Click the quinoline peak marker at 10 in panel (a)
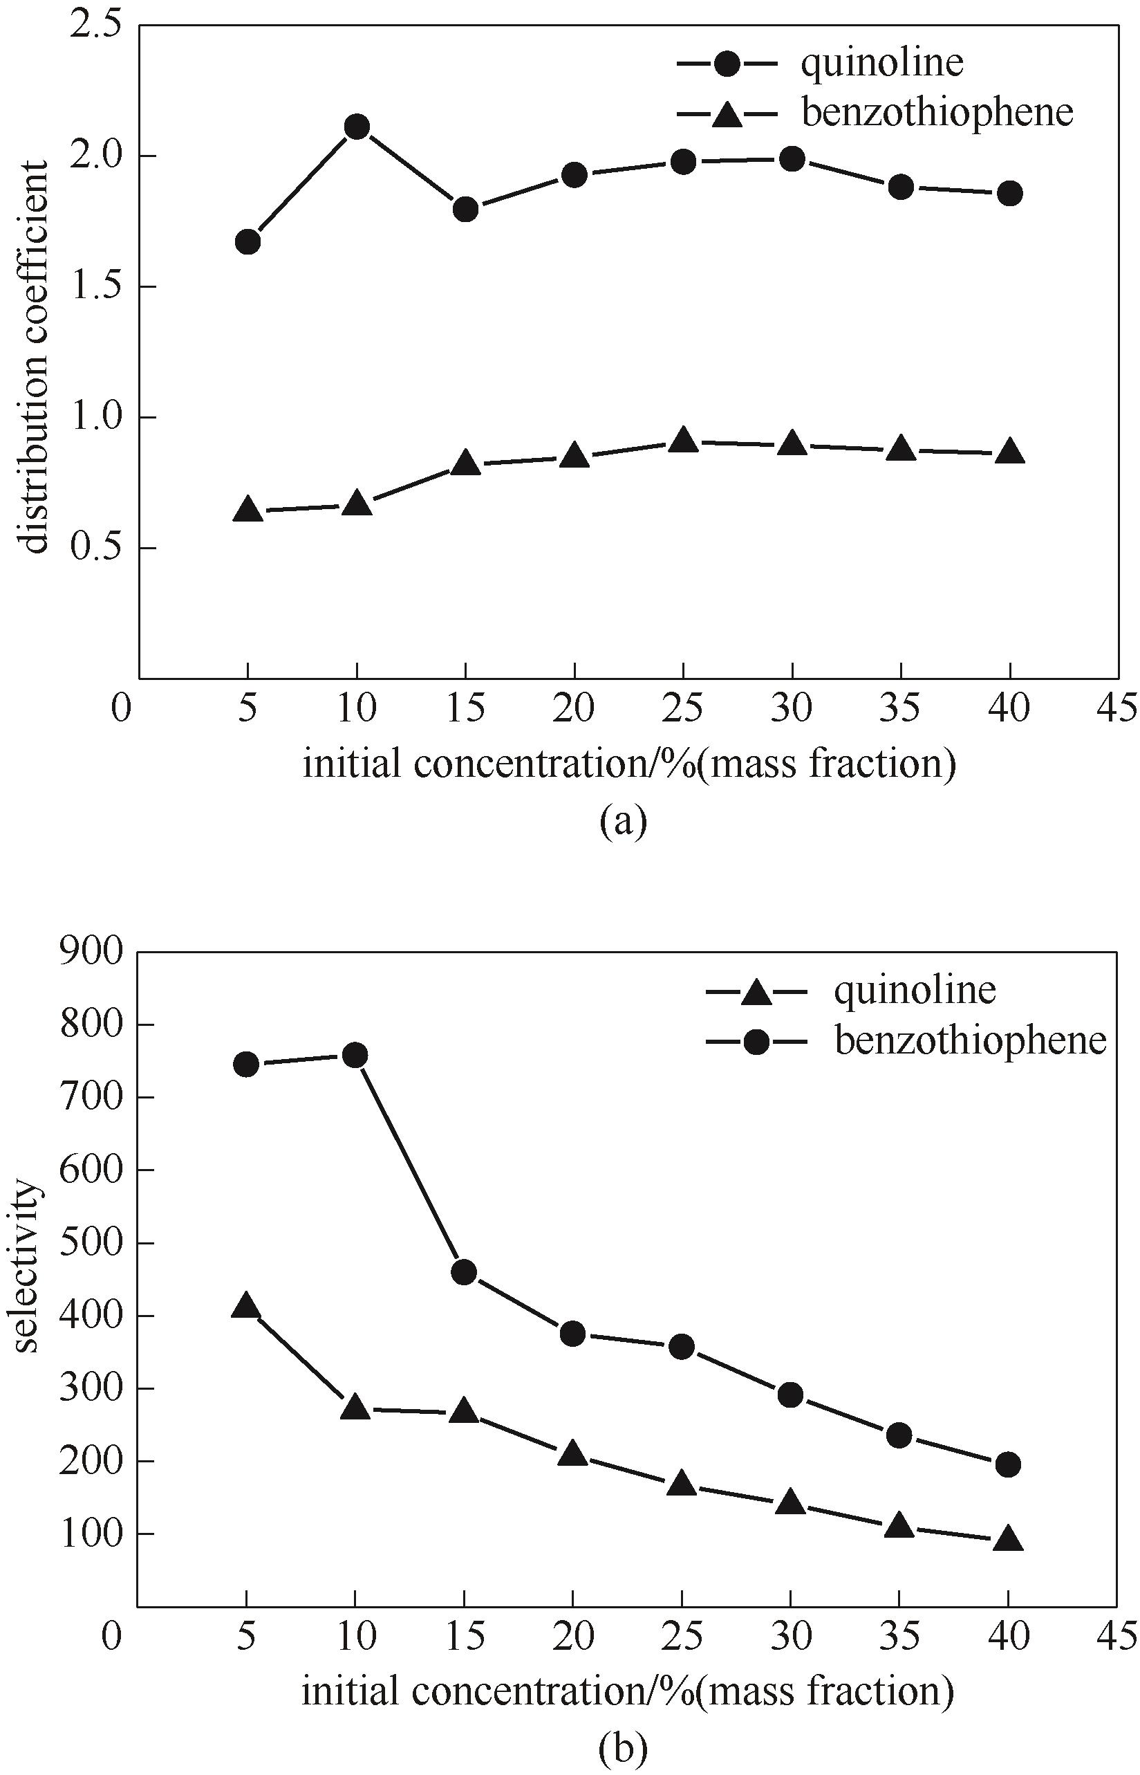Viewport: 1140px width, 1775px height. [x=357, y=127]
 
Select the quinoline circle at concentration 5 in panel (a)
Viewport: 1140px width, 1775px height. [x=247, y=241]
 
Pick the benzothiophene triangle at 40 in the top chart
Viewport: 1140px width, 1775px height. [x=1011, y=452]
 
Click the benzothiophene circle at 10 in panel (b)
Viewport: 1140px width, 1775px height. [x=355, y=1054]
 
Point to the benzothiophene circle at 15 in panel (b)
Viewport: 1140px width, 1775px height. [x=463, y=1272]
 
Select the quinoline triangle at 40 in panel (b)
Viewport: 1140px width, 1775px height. [x=1009, y=1541]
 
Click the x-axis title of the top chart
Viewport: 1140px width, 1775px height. [x=629, y=764]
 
